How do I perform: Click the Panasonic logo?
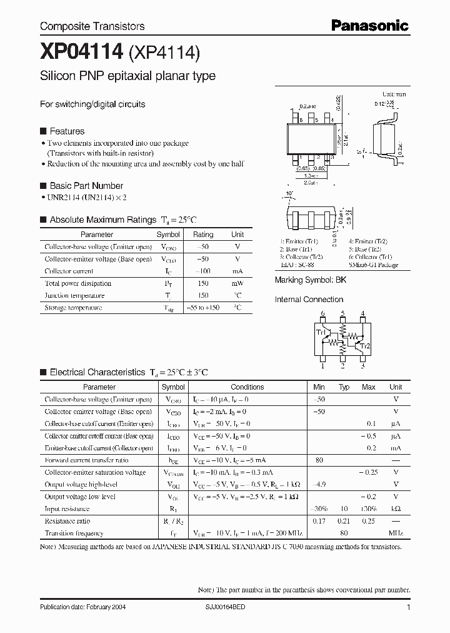tap(370, 26)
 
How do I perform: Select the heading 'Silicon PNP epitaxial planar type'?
tap(127, 76)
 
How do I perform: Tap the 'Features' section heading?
tap(66, 131)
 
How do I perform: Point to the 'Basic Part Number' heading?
tap(86, 186)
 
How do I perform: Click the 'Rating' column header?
tap(203, 235)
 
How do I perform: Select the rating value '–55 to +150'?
tap(203, 308)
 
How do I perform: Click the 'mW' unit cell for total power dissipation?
tap(237, 283)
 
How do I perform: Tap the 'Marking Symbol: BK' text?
tap(310, 280)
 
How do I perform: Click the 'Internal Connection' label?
tap(309, 300)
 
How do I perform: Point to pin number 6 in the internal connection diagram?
tap(322, 313)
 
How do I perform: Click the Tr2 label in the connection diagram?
tap(365, 345)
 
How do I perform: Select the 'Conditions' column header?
tap(247, 387)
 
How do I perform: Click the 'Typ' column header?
tap(344, 387)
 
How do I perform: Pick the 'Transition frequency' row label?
tap(74, 533)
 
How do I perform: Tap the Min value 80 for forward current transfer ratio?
tap(319, 460)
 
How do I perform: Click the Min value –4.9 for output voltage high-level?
tap(319, 484)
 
